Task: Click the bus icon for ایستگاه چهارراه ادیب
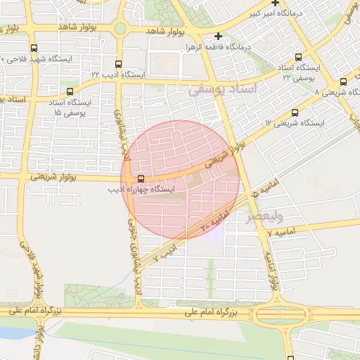141,179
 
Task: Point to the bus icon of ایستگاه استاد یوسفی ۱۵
69,91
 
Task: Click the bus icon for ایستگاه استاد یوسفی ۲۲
299,57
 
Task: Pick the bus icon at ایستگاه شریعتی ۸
343,82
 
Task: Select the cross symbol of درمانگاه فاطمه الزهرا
219,36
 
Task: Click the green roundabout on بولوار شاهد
120,29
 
